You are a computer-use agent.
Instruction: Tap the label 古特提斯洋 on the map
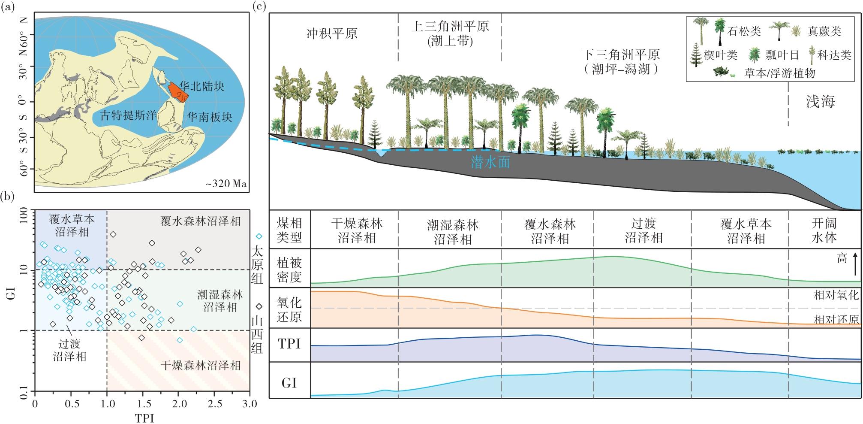pyautogui.click(x=128, y=115)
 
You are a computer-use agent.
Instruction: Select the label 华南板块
pyautogui.click(x=209, y=117)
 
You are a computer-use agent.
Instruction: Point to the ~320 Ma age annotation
pyautogui.click(x=226, y=184)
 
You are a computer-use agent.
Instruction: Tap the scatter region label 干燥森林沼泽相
pyautogui.click(x=201, y=366)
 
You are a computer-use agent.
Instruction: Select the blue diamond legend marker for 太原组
pyautogui.click(x=259, y=236)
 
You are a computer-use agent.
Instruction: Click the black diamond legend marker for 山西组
pyautogui.click(x=259, y=306)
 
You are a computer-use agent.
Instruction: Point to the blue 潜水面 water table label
pyautogui.click(x=490, y=162)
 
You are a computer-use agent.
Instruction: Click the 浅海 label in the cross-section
pyautogui.click(x=820, y=101)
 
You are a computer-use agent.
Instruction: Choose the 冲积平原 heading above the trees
pyautogui.click(x=332, y=33)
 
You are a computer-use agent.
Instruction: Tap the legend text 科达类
pyautogui.click(x=834, y=55)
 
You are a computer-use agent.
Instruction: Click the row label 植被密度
pyautogui.click(x=289, y=269)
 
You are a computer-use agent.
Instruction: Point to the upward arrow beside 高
pyautogui.click(x=854, y=264)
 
